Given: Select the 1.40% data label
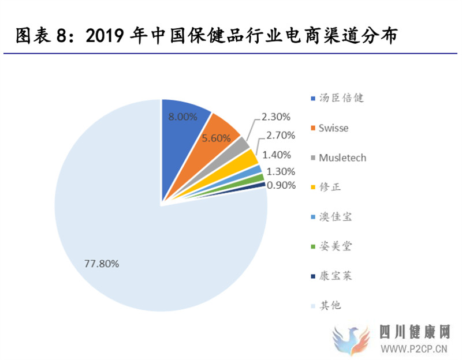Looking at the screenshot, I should [278, 155].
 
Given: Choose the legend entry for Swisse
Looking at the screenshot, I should [333, 128].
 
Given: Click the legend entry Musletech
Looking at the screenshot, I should [342, 157].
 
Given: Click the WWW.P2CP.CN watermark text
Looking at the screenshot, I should [414, 348].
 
